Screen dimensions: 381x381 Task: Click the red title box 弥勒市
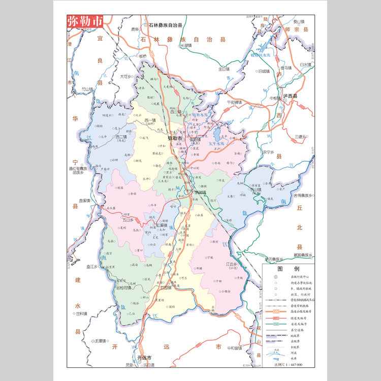click(x=85, y=21)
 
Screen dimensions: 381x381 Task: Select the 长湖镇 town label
click(x=186, y=46)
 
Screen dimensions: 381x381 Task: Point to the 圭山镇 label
click(x=224, y=69)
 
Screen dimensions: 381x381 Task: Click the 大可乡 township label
click(x=126, y=77)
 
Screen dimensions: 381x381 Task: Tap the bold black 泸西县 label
click(x=290, y=96)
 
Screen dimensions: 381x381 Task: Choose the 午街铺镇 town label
click(x=234, y=102)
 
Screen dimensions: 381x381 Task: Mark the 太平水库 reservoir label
click(x=217, y=144)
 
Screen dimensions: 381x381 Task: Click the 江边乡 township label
click(x=233, y=264)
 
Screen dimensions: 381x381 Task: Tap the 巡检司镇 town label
click(x=123, y=288)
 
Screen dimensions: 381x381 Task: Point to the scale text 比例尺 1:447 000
click(x=288, y=365)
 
